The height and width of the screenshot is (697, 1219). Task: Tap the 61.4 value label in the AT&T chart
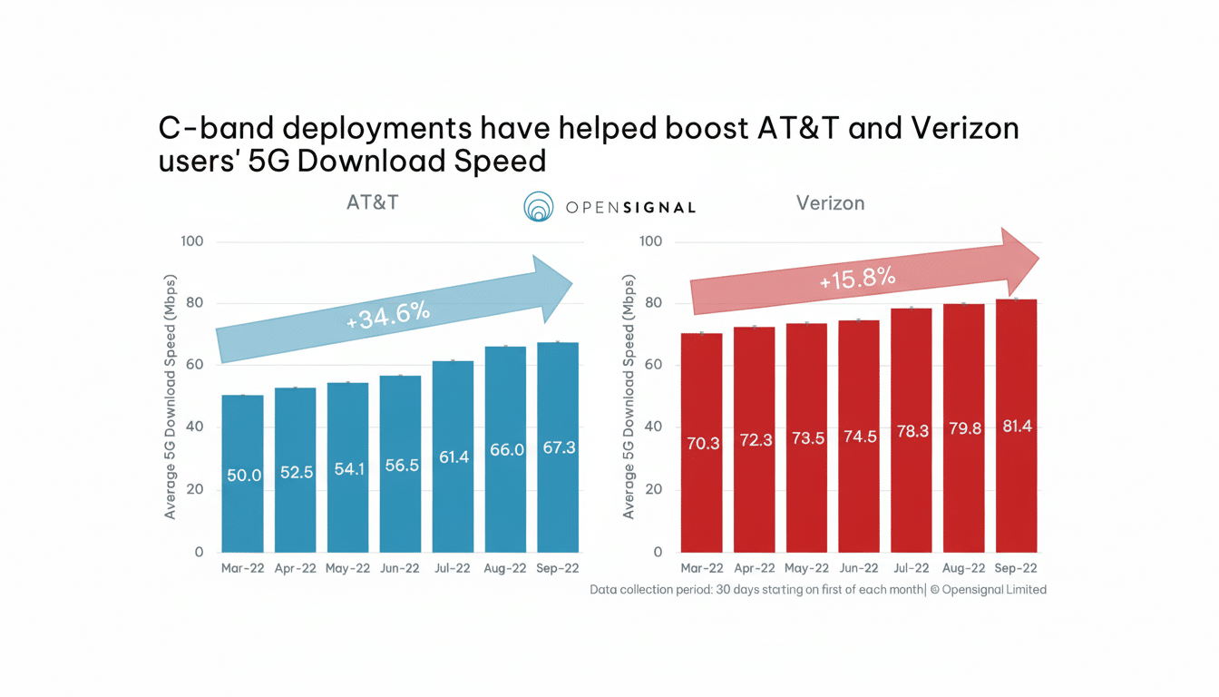pyautogui.click(x=453, y=457)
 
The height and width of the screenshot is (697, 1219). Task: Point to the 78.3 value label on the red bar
pyautogui.click(x=912, y=431)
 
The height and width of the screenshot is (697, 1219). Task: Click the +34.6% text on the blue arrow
pyautogui.click(x=388, y=315)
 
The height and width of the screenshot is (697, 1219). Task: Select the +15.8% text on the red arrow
pyautogui.click(x=857, y=278)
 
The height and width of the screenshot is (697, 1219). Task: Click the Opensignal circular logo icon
pyautogui.click(x=539, y=207)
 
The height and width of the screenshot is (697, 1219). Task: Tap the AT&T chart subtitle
pyautogui.click(x=372, y=202)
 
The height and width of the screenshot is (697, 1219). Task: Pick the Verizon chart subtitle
pyautogui.click(x=830, y=203)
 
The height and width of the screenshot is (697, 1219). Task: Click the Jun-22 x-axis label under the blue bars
pyautogui.click(x=400, y=569)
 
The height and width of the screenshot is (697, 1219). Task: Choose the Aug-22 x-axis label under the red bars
pyautogui.click(x=963, y=569)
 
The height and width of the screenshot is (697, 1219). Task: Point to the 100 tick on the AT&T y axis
pyautogui.click(x=192, y=241)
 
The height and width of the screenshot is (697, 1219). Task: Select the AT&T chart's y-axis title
pyautogui.click(x=170, y=397)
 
